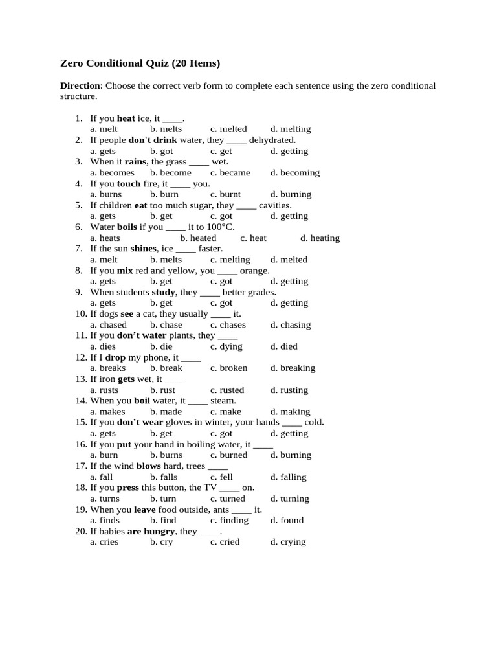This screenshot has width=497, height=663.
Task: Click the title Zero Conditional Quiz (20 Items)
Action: pyautogui.click(x=140, y=63)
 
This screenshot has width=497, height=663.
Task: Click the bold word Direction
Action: pyautogui.click(x=80, y=85)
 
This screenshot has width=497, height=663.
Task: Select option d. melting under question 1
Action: pyautogui.click(x=291, y=129)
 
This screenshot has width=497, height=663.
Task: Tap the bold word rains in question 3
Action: pyautogui.click(x=135, y=161)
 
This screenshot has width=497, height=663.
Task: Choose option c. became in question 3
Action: pyautogui.click(x=230, y=172)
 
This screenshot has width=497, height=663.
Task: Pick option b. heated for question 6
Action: pyautogui.click(x=198, y=238)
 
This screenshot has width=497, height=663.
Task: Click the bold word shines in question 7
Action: pyautogui.click(x=144, y=248)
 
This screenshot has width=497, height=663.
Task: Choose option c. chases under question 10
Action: pyautogui.click(x=228, y=324)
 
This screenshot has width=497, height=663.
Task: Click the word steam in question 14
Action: pyautogui.click(x=223, y=401)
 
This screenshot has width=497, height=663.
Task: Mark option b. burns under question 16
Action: pyautogui.click(x=166, y=455)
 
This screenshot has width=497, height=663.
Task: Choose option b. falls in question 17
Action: pyautogui.click(x=164, y=477)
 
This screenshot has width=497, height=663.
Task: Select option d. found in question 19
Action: pyautogui.click(x=287, y=520)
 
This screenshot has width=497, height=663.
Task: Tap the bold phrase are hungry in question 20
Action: pyautogui.click(x=151, y=531)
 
